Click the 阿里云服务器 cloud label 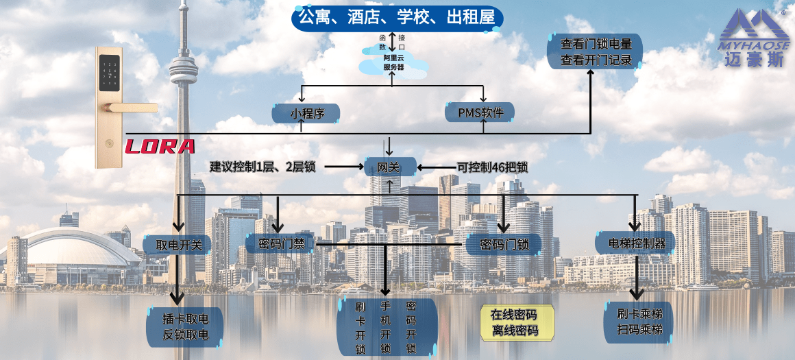pyautogui.click(x=393, y=63)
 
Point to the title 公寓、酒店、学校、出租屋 pyautogui.click(x=397, y=16)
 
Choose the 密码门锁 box pyautogui.click(x=503, y=244)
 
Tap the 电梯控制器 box pyautogui.click(x=636, y=243)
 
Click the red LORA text pyautogui.click(x=159, y=147)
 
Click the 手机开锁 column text pyautogui.click(x=386, y=328)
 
